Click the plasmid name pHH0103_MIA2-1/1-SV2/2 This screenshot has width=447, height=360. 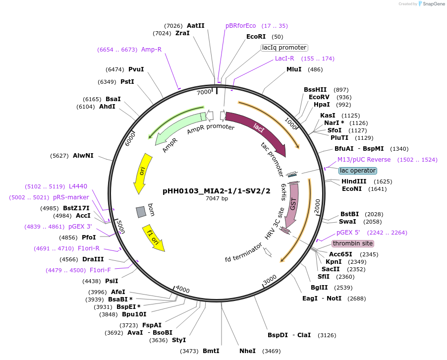(x=217, y=191)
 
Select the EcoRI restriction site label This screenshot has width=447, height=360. (x=256, y=37)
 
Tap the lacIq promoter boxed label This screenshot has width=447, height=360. (x=284, y=48)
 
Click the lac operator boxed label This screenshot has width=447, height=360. (x=357, y=171)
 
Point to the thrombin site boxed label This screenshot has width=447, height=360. (x=352, y=243)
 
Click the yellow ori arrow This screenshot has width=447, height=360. (x=141, y=174)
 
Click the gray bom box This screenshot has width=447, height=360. (x=141, y=212)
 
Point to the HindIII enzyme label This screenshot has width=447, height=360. (x=354, y=182)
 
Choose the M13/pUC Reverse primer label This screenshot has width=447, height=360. (x=364, y=160)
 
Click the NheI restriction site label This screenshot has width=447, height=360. (x=247, y=351)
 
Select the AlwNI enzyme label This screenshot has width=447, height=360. (x=83, y=156)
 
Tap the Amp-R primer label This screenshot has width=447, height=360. (x=151, y=50)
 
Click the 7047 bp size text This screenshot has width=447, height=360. (x=217, y=199)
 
